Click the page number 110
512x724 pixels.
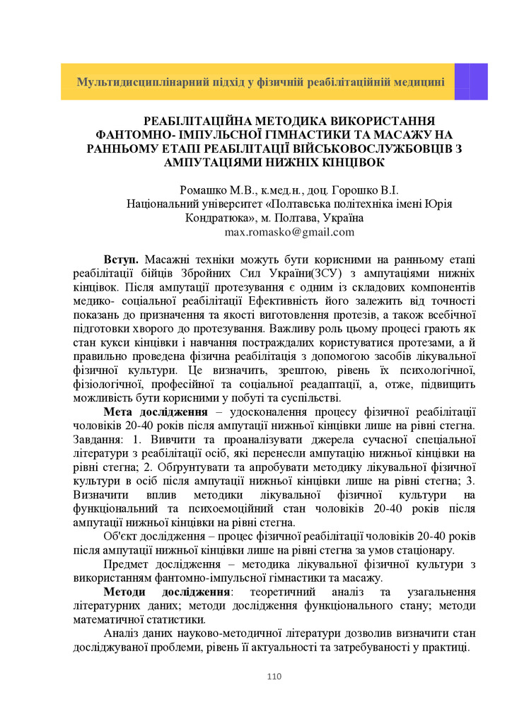274,677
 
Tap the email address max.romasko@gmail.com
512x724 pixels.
289,232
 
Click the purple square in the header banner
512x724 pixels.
470,81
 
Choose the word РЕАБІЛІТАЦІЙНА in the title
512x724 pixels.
198,120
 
